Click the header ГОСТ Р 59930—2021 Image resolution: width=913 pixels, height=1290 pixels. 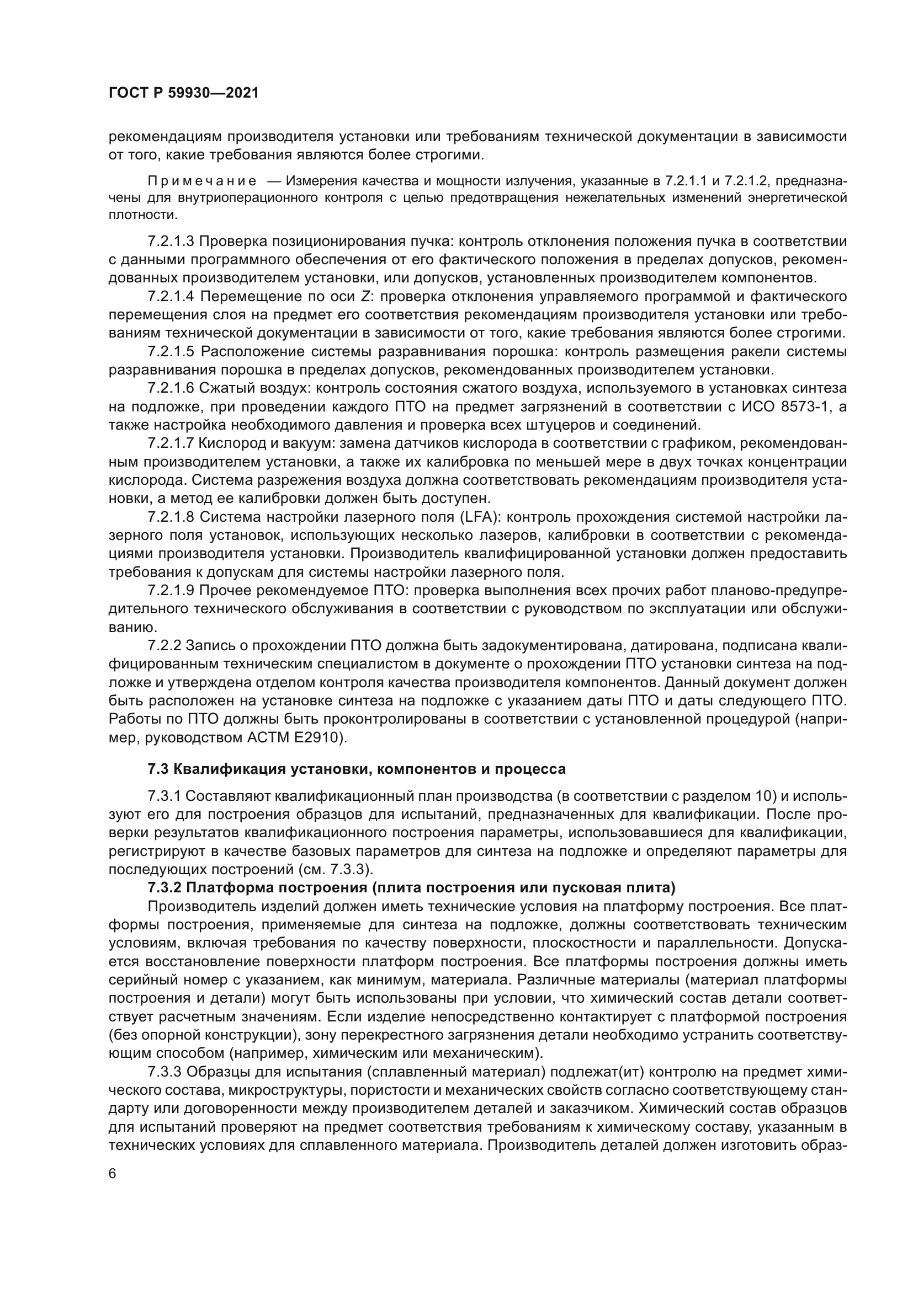pos(183,93)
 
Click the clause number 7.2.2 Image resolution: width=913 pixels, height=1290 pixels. pos(164,646)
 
